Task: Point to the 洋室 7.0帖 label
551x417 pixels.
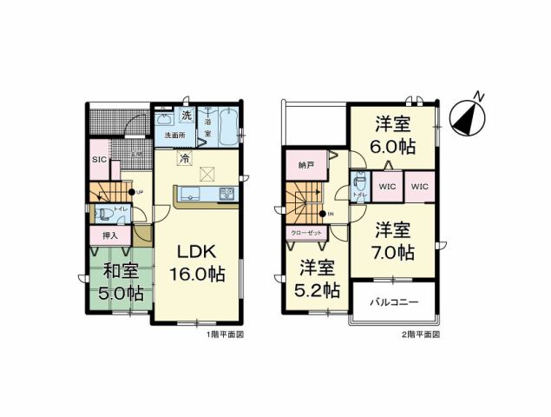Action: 394,241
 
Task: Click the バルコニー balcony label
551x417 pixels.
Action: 396,303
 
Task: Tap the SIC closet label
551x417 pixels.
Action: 99,160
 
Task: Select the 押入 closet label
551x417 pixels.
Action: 110,235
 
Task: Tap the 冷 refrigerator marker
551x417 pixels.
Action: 185,159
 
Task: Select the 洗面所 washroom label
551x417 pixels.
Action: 174,136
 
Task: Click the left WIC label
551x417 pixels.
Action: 387,186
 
